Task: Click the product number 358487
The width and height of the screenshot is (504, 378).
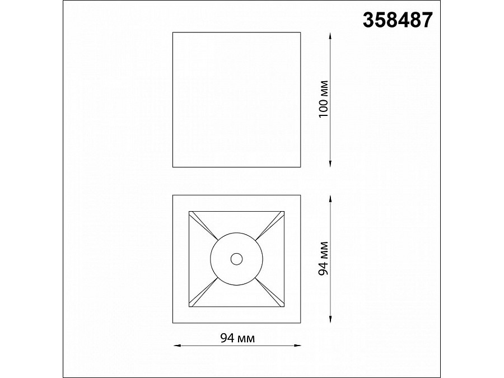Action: click(x=398, y=20)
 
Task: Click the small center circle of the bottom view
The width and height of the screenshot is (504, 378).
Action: click(x=236, y=258)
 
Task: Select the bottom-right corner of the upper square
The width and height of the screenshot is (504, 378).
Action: click(x=301, y=166)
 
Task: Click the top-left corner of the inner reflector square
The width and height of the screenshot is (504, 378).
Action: click(x=189, y=211)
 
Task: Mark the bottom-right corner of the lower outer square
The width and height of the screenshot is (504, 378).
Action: click(x=301, y=323)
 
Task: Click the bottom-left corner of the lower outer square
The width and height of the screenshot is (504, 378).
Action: click(x=173, y=323)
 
